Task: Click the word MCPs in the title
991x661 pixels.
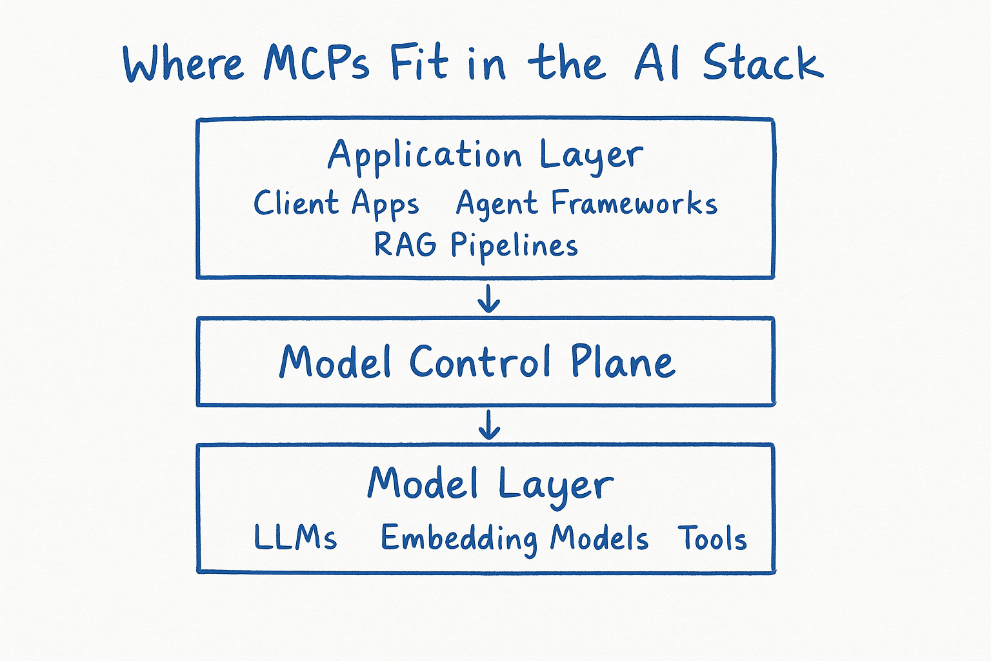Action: click(316, 63)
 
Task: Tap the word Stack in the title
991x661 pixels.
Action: click(763, 63)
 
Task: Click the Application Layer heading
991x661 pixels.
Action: click(485, 156)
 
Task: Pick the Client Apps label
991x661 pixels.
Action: click(336, 204)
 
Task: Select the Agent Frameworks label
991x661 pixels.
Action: click(586, 204)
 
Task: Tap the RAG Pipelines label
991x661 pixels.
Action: click(476, 246)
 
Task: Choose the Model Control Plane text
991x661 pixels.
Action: click(477, 362)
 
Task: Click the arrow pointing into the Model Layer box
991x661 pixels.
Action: click(489, 424)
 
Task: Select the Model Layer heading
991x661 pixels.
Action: click(490, 484)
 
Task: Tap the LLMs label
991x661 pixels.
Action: click(295, 538)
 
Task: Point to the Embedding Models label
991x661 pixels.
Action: click(514, 538)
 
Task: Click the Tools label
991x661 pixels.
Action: click(712, 538)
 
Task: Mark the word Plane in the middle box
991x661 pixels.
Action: click(623, 362)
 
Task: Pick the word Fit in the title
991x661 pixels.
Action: click(419, 63)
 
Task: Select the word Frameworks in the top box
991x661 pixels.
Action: click(634, 204)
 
